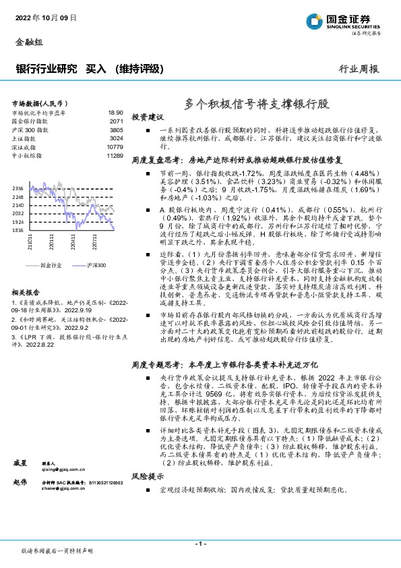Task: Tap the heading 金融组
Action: click(28, 42)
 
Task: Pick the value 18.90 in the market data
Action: click(116, 113)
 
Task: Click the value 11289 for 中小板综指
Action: click(115, 155)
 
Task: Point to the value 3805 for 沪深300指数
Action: click(117, 130)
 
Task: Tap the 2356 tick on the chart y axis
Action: click(18, 188)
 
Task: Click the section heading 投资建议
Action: click(148, 117)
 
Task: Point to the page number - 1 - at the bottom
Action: click(200, 543)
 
